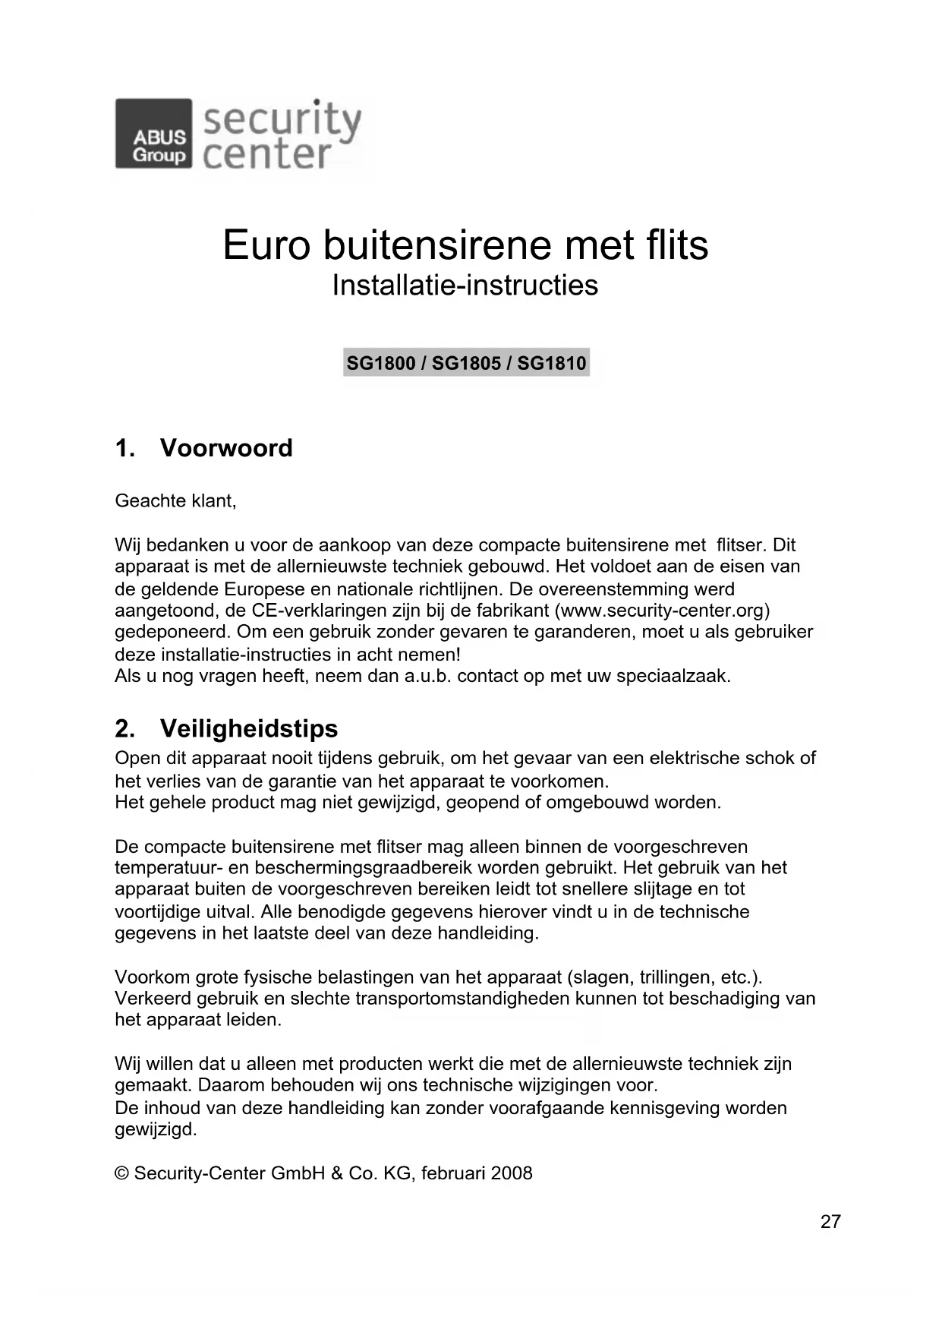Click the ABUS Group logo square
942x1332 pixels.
pyautogui.click(x=153, y=134)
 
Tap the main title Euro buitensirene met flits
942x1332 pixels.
pyautogui.click(x=465, y=245)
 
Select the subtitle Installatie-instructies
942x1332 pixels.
pyautogui.click(x=465, y=286)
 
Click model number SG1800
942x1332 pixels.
pyautogui.click(x=380, y=363)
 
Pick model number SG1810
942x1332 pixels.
pyautogui.click(x=552, y=363)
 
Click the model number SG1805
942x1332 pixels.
pyautogui.click(x=466, y=363)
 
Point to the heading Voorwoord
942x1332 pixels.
pyautogui.click(x=225, y=448)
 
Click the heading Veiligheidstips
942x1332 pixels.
pyautogui.click(x=248, y=728)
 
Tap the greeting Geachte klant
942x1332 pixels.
pyautogui.click(x=175, y=501)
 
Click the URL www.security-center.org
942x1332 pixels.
pyautogui.click(x=663, y=611)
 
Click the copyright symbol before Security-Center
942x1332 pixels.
pyautogui.click(x=121, y=1173)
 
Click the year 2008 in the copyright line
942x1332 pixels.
pyautogui.click(x=512, y=1173)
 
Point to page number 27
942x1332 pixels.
pyautogui.click(x=830, y=1222)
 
